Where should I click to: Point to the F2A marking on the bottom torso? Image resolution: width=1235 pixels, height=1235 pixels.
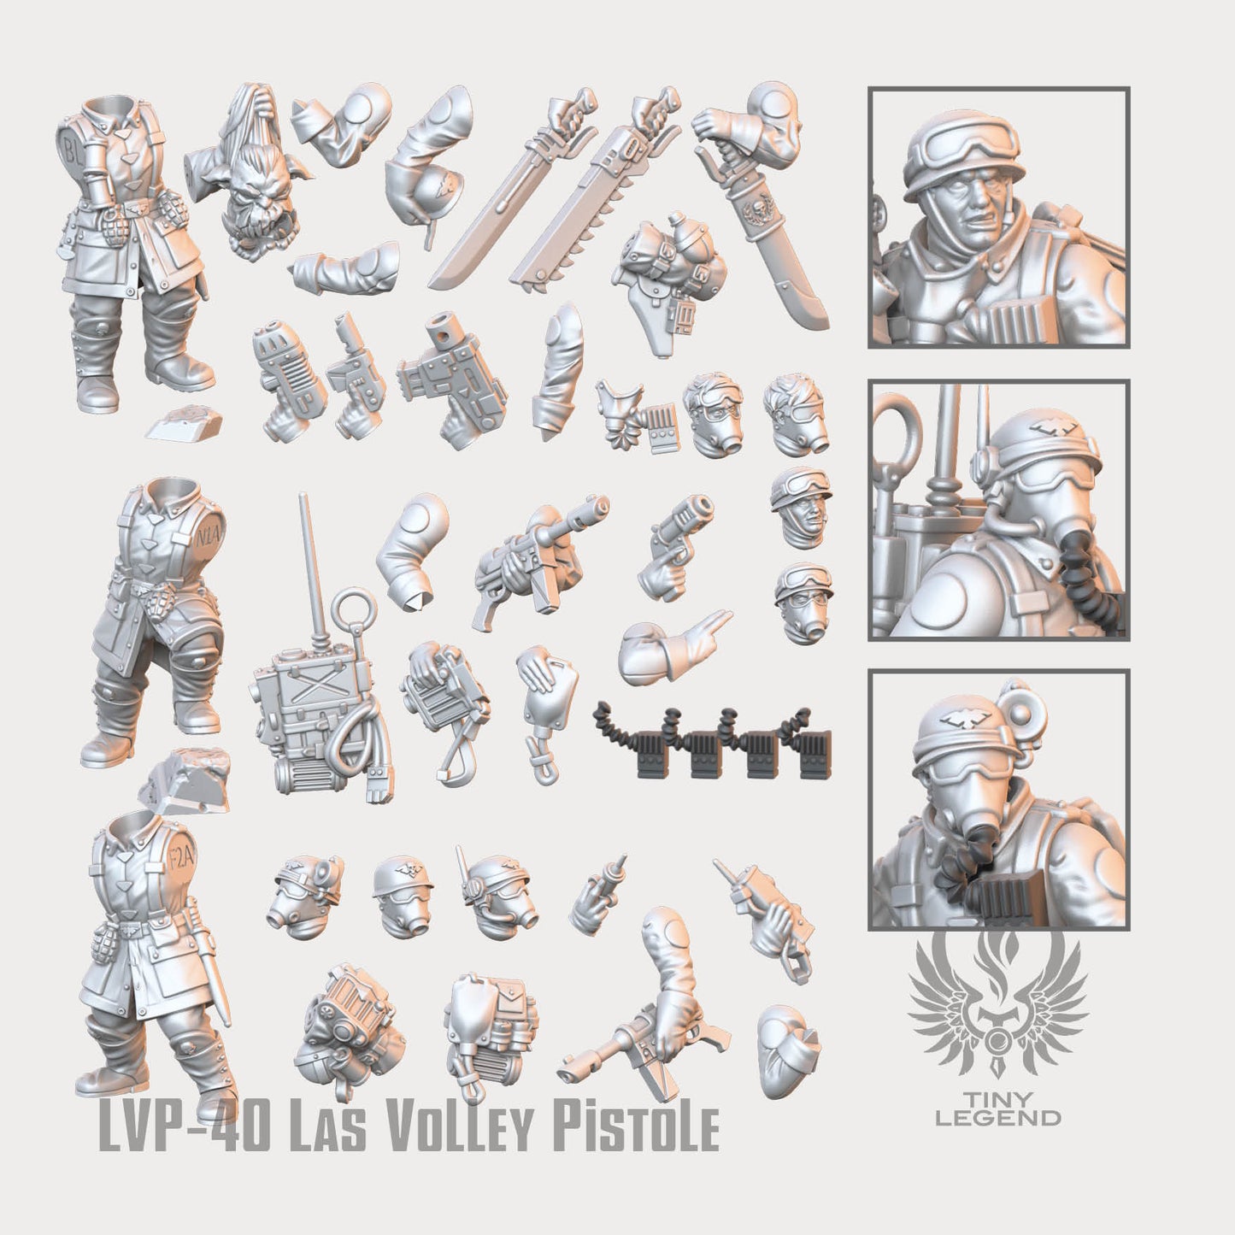pos(183,856)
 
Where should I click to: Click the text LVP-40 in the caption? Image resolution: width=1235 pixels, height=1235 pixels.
pos(183,1145)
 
